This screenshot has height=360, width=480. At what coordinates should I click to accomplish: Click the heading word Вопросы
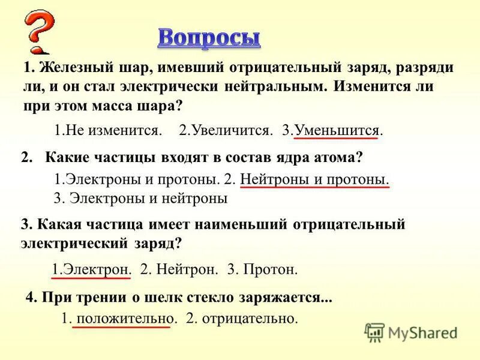[x=209, y=37]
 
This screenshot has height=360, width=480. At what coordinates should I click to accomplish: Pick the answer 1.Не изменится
[x=108, y=130]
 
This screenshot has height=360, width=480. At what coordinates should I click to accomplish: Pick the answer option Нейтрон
[x=179, y=269]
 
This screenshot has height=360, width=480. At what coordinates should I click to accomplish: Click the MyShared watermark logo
[x=411, y=332]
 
